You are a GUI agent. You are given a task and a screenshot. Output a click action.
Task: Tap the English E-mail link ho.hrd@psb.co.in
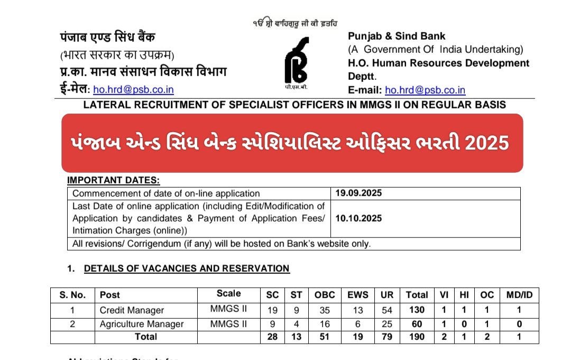(x=425, y=90)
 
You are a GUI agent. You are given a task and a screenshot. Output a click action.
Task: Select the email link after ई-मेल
(x=134, y=90)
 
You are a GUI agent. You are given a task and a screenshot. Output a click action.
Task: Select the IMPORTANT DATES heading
(x=113, y=181)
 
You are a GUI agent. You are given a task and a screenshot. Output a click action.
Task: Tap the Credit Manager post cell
(x=132, y=310)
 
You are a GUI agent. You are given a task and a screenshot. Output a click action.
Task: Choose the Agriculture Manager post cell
(x=142, y=324)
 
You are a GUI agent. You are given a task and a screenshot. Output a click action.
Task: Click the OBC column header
(x=325, y=295)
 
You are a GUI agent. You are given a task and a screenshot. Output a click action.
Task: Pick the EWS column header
(x=355, y=295)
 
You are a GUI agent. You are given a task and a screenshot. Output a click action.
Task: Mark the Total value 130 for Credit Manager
(x=417, y=310)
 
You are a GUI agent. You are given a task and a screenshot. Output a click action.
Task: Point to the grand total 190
(x=417, y=337)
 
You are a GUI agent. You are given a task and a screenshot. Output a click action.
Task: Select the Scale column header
(x=228, y=294)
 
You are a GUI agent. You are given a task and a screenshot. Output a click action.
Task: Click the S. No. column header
(x=72, y=295)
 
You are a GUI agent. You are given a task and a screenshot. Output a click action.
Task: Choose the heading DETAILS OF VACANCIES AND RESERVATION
(x=187, y=269)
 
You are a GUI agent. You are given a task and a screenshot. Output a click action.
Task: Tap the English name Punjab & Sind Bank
(x=397, y=36)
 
